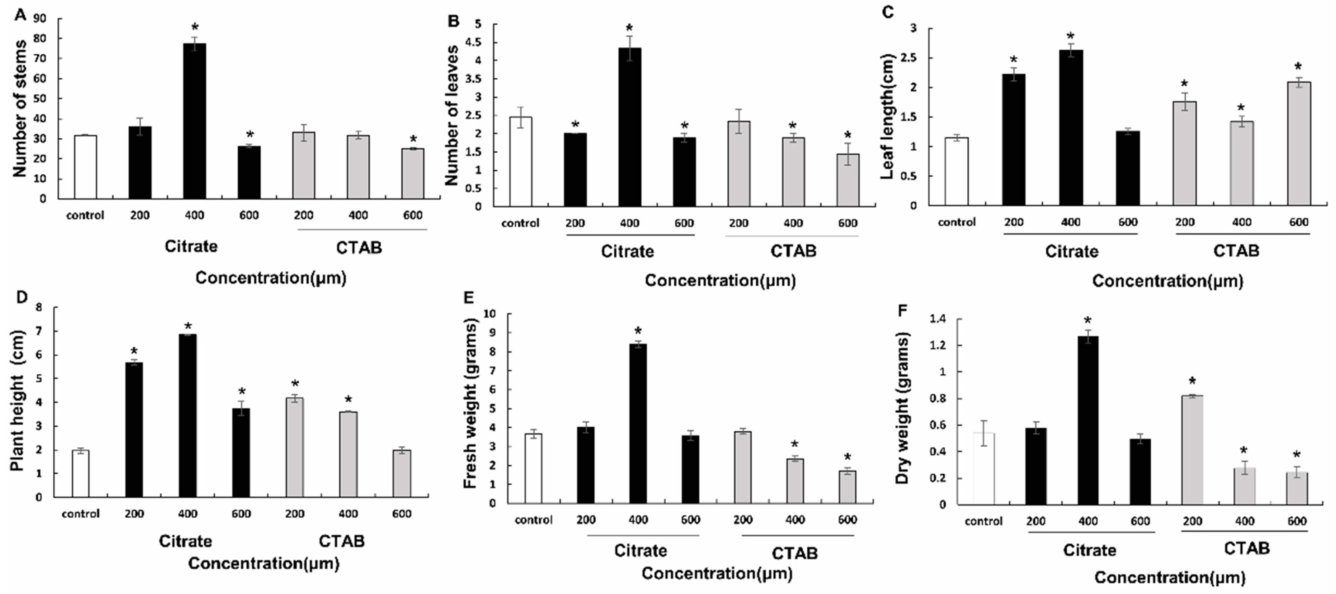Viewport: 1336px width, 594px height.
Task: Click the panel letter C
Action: coord(887,11)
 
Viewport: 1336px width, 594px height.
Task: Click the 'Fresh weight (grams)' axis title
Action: coord(470,405)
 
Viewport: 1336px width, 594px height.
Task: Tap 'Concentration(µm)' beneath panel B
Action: coord(720,281)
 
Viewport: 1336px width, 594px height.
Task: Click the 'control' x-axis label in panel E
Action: coord(534,519)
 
